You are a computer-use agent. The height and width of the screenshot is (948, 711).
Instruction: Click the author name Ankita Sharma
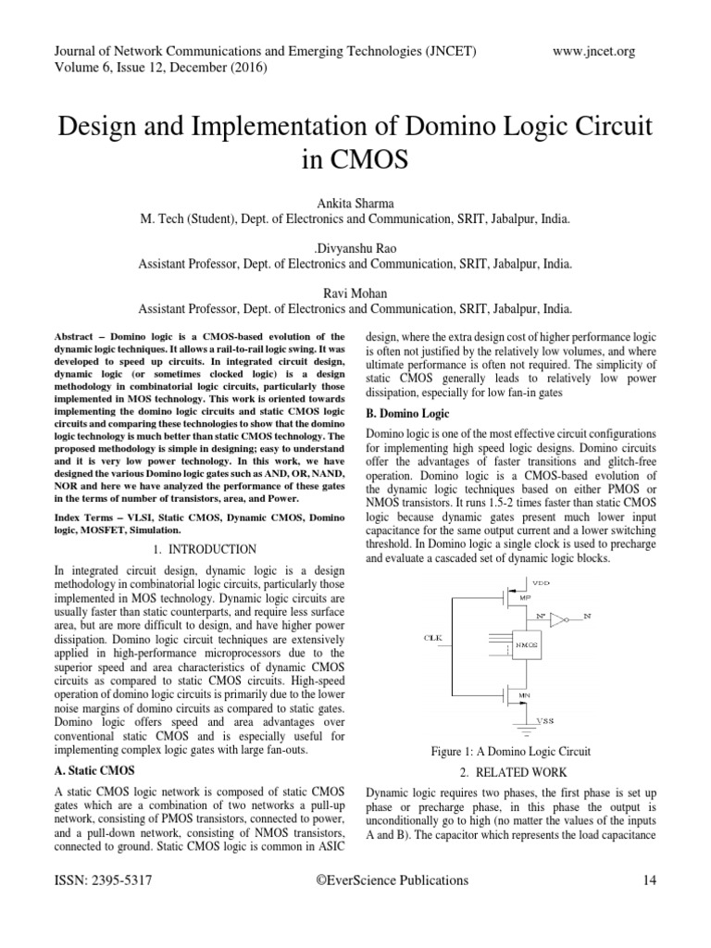[355, 204]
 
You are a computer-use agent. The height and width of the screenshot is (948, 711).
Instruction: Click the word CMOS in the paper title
[355, 158]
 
